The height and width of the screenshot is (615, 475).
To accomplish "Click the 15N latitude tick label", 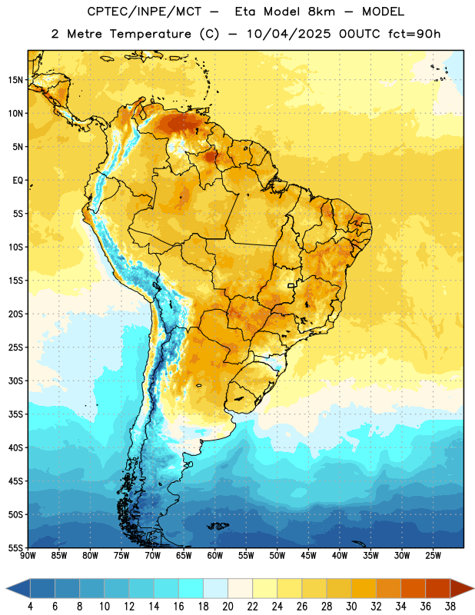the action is (15, 80).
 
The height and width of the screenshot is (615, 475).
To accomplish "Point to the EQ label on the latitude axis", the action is (18, 181).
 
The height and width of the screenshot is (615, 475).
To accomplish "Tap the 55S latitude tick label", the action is (15, 548).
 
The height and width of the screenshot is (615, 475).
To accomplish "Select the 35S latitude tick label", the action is (15, 414).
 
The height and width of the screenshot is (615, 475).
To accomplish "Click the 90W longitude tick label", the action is (28, 556).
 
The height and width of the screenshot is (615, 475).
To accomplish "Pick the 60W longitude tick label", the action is (215, 556).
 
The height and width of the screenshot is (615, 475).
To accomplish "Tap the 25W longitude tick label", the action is (433, 556).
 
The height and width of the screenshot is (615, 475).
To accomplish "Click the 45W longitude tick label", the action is (309, 556).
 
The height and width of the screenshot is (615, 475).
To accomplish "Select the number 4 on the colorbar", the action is (30, 607).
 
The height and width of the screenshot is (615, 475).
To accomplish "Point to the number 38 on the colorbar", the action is (450, 607).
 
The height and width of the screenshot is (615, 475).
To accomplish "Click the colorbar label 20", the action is (228, 607).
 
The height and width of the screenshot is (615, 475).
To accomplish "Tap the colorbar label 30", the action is (351, 607).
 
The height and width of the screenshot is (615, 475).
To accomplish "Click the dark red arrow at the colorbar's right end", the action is (461, 588).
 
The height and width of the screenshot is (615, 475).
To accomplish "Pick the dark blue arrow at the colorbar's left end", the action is (18, 588).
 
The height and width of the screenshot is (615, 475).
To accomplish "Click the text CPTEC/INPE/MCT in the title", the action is (144, 12).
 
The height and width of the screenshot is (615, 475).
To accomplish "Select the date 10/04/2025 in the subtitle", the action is (289, 34).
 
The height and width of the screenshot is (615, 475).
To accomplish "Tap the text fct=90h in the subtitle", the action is (414, 34).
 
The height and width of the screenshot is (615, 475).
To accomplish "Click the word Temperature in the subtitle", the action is (150, 34).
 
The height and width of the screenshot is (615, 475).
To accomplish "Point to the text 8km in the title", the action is (321, 12).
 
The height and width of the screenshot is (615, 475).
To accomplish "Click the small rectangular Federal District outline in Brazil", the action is (291, 285).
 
